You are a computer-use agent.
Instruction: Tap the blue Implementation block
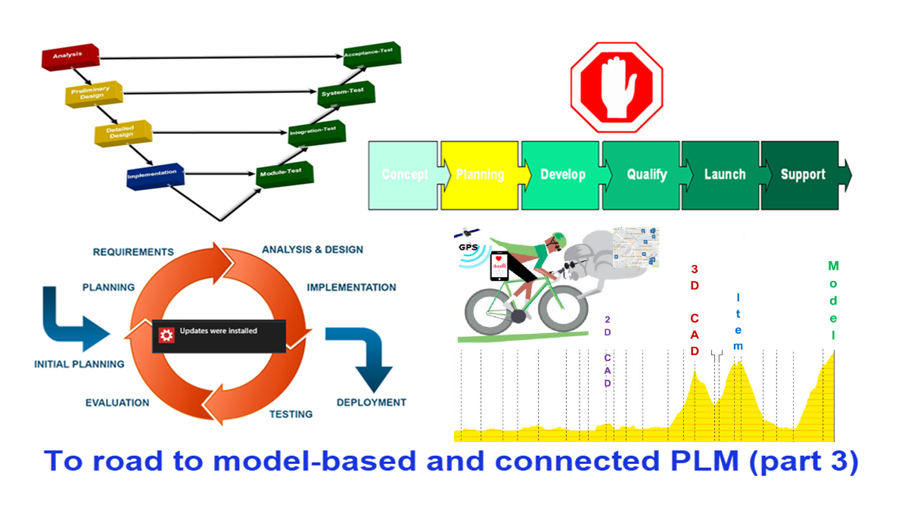coord(155,175)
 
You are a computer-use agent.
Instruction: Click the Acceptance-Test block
coord(372,55)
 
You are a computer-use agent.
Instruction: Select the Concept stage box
coord(403,175)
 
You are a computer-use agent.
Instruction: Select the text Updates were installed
coord(219,331)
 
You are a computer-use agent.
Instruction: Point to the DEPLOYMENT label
coord(371,403)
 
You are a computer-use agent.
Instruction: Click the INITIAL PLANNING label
coord(79,364)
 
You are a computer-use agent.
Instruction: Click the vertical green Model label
coord(833,301)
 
